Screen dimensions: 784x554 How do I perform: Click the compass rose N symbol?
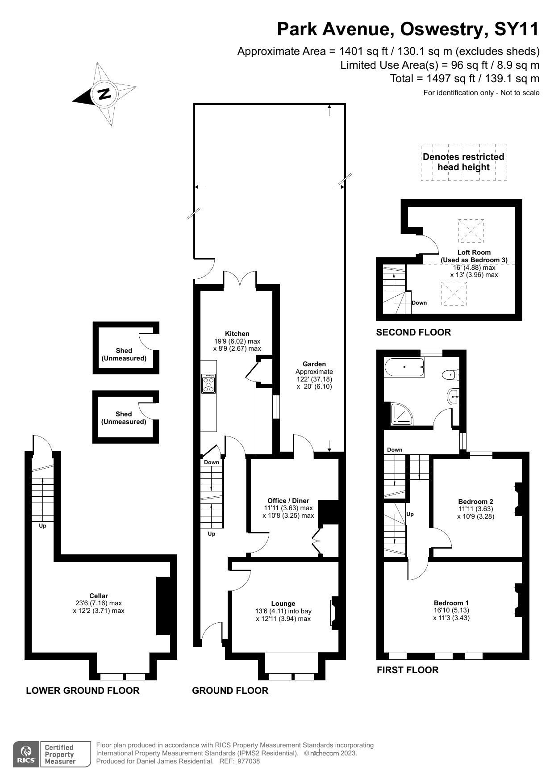104,94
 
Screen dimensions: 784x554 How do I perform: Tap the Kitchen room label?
237,334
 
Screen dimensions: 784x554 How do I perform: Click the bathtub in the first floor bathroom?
404,367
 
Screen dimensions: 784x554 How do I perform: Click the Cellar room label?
99,596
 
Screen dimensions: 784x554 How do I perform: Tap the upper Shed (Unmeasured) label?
124,354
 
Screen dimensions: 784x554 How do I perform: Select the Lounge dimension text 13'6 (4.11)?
283,611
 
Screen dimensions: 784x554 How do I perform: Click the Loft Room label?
474,252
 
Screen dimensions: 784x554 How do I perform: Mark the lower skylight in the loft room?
454,293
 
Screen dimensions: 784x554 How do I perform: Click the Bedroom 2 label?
475,502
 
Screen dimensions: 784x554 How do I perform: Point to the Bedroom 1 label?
451,603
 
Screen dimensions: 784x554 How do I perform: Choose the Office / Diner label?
288,501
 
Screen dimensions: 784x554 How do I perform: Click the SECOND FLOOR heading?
413,332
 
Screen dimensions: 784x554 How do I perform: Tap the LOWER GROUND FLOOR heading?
83,691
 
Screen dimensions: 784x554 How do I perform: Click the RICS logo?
26,755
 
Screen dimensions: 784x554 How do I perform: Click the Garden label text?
314,364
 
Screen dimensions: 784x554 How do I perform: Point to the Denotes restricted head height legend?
463,162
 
